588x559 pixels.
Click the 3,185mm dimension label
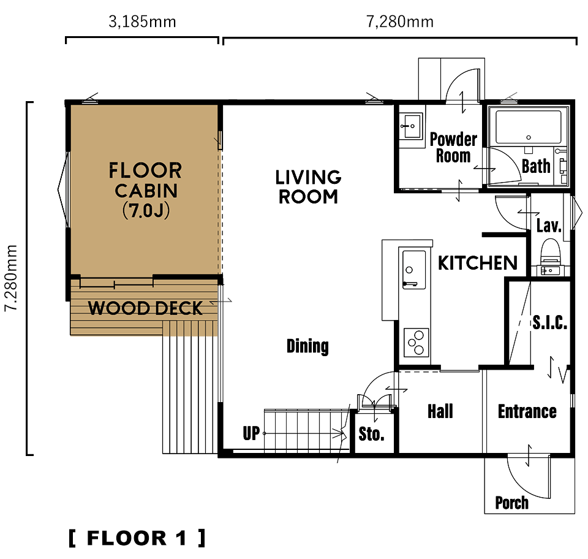point(142,22)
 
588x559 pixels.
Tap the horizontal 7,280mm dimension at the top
point(400,22)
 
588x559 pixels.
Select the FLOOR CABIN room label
point(146,190)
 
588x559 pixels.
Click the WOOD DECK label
point(146,308)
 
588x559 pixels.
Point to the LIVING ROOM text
point(308,187)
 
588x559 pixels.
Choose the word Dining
point(307,346)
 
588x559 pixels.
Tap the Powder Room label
point(453,148)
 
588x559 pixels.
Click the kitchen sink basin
point(414,269)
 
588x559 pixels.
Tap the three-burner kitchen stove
point(417,343)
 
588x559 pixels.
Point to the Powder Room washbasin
point(412,126)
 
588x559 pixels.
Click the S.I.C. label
point(550,322)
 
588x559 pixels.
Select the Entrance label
point(527,411)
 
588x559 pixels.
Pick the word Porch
point(512,503)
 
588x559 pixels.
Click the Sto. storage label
point(371,434)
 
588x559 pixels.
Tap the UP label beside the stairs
point(251,433)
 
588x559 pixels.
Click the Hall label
point(440,411)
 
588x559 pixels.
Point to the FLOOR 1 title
point(137,538)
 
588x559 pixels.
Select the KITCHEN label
point(478,262)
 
